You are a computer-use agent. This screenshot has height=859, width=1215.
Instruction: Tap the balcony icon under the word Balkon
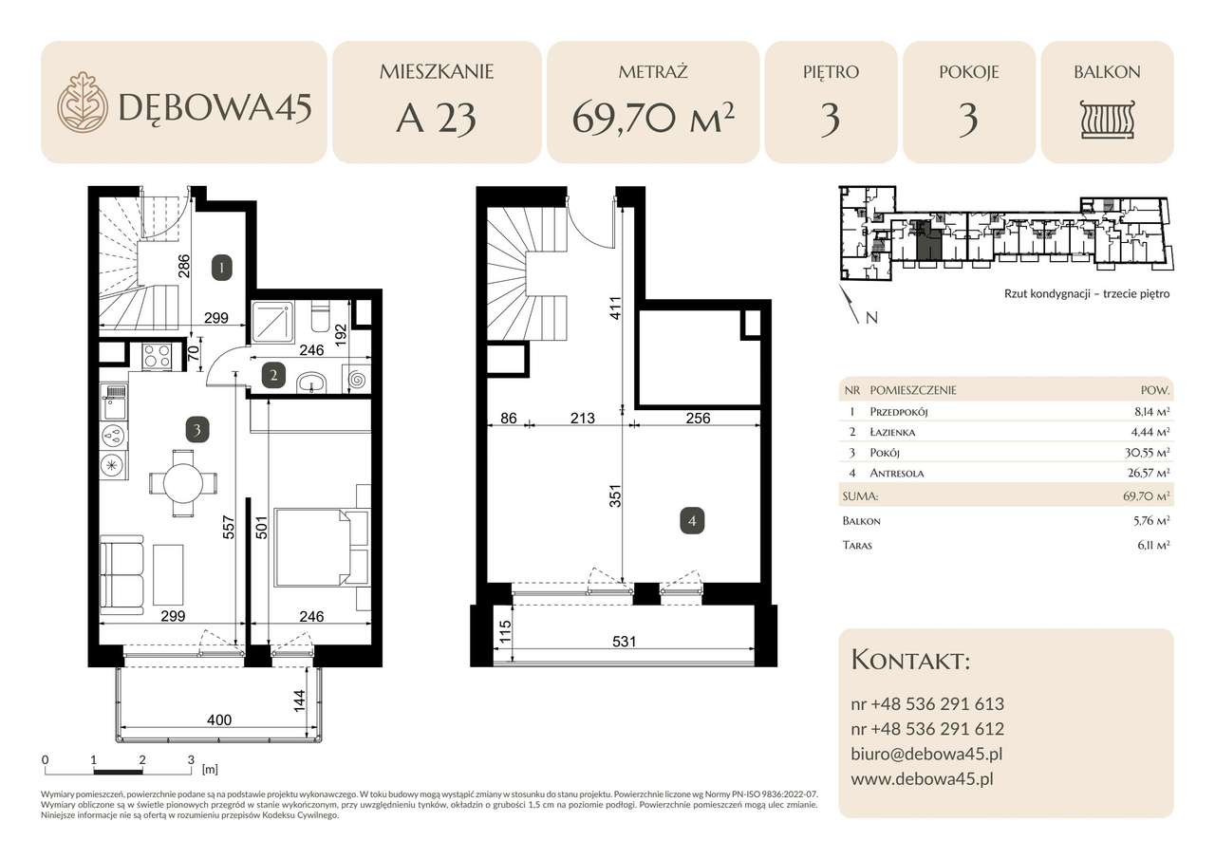tap(1107, 120)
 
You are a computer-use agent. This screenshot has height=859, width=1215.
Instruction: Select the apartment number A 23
tap(436, 119)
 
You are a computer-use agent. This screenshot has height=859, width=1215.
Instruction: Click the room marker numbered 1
tap(222, 268)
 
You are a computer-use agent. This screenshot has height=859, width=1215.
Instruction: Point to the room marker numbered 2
tap(274, 375)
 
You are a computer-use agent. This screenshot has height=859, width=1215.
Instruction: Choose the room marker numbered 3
tap(196, 430)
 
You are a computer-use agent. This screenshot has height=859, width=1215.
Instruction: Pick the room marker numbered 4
tap(692, 521)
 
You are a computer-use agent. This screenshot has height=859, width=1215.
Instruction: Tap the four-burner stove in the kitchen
tap(157, 358)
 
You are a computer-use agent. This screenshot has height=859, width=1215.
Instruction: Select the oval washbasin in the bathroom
tap(310, 382)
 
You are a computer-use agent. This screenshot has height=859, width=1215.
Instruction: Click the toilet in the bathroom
tap(320, 317)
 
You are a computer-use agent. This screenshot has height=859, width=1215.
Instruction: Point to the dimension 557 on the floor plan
tap(229, 527)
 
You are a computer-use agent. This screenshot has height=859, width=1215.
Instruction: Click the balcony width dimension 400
tap(219, 719)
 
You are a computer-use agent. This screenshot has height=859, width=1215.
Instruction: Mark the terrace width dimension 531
tap(624, 642)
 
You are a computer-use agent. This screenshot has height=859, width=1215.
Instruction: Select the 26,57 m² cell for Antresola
tap(1149, 473)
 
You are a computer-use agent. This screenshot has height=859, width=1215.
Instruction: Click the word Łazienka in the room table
tap(892, 432)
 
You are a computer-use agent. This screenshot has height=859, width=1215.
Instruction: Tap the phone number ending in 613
tap(927, 704)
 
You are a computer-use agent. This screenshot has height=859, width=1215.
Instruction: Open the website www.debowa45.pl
tap(922, 779)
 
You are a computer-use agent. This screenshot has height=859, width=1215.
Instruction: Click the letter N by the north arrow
tap(871, 318)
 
